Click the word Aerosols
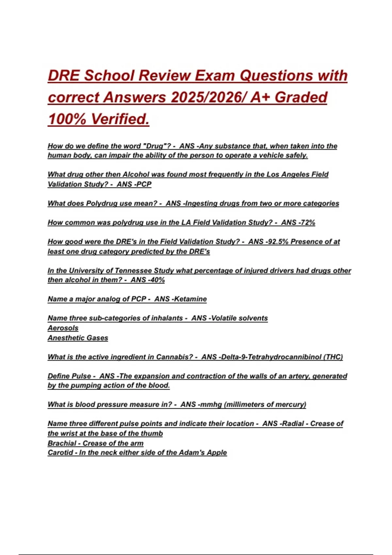coord(63,328)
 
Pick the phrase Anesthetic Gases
coord(78,338)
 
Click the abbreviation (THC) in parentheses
coord(333,357)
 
